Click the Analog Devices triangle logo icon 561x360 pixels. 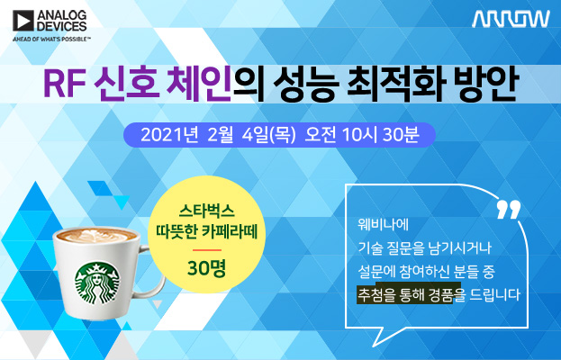click(23, 21)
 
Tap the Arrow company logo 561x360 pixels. click(511, 19)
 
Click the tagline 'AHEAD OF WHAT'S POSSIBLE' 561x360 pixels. click(51, 39)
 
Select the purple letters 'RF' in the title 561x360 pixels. click(65, 85)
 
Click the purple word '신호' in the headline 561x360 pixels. click(126, 85)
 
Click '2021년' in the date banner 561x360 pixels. click(169, 135)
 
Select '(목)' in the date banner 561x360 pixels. click(284, 135)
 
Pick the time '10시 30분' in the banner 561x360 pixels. click(380, 135)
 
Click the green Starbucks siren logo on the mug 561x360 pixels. click(97, 283)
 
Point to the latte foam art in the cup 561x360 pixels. click(95, 236)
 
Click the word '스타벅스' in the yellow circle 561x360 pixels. click(206, 211)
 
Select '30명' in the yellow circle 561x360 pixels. click(206, 268)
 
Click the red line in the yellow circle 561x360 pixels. click(206, 250)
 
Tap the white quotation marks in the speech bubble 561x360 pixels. click(509, 209)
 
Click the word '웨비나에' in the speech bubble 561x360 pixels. click(384, 224)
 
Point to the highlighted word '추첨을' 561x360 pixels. click(376, 295)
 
